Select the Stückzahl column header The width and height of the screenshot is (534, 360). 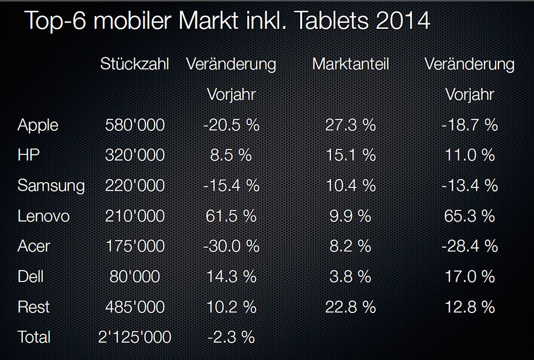coord(135,64)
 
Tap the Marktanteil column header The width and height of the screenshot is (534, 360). coord(350,64)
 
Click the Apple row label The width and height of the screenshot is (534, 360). coord(37,125)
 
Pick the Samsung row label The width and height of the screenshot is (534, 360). coord(51,185)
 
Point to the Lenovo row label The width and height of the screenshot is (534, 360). coord(43,216)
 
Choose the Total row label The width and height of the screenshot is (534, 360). coord(34,337)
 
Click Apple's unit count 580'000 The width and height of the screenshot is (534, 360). coord(135,125)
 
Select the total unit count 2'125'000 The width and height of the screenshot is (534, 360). coord(135,337)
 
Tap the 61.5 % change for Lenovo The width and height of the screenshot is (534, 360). coord(231,216)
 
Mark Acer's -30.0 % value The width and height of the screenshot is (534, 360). coord(231,246)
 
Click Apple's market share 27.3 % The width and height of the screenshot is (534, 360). coord(350,125)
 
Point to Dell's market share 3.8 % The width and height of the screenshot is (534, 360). coord(350,276)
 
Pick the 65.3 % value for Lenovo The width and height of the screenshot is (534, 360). coord(469,216)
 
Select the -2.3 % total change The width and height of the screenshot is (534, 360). coord(231,337)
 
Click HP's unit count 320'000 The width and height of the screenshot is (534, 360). coord(135,155)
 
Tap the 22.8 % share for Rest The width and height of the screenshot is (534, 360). coord(350,307)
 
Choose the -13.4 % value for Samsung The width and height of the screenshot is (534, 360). coord(469,185)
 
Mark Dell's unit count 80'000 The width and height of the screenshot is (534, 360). coord(135,276)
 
